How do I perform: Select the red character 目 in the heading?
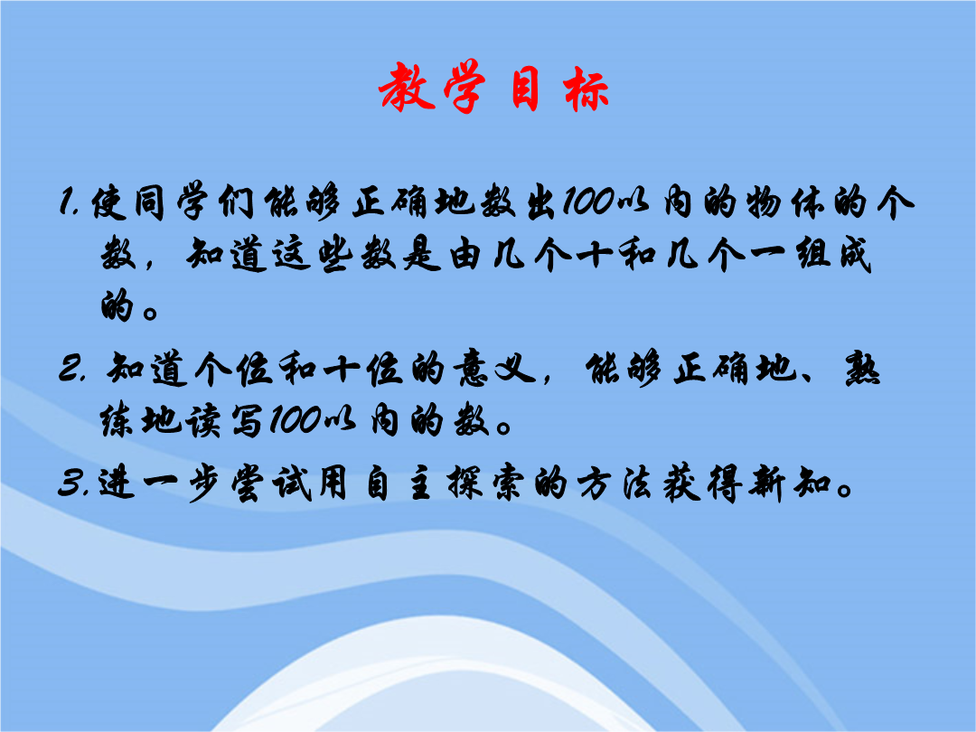tap(523, 89)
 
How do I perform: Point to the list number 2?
tap(70, 369)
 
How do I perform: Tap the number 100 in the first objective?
tap(589, 202)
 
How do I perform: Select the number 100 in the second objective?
tap(296, 420)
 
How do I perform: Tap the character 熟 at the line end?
tap(863, 369)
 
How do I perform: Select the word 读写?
tap(224, 421)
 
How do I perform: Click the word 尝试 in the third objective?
tap(271, 483)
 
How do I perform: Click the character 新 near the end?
tap(767, 483)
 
